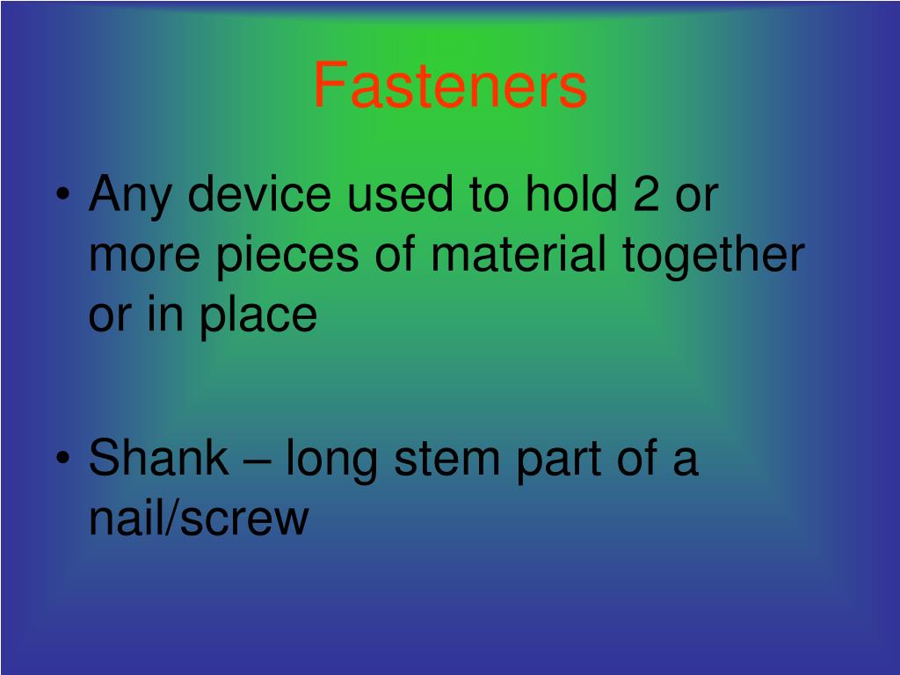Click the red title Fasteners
click(x=450, y=86)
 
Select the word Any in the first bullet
click(x=131, y=195)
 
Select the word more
click(x=144, y=255)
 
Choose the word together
click(x=714, y=255)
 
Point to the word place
click(x=258, y=315)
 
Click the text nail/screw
click(x=199, y=519)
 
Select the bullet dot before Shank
click(x=63, y=461)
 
